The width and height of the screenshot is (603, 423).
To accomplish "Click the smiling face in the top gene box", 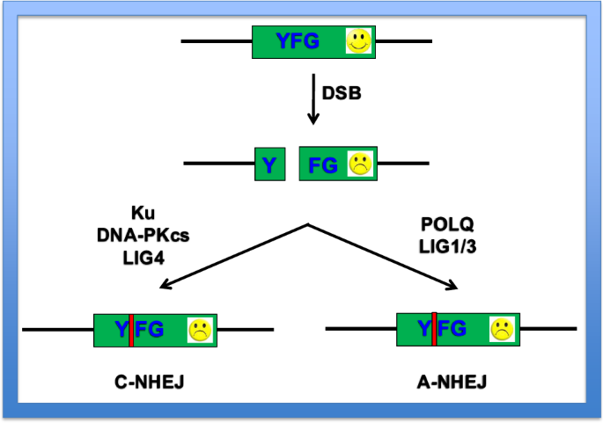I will pos(357,40).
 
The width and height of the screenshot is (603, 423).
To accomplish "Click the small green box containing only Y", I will pos(270,164).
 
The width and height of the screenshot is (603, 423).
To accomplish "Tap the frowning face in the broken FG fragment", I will pos(359,164).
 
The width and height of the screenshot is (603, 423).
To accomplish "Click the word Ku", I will pos(143,213).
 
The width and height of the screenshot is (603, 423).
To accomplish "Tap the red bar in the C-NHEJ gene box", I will pos(130,330).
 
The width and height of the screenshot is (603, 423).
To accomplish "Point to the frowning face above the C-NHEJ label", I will pos(200,331).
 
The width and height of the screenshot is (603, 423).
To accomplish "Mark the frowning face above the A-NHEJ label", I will pos(503,330).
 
